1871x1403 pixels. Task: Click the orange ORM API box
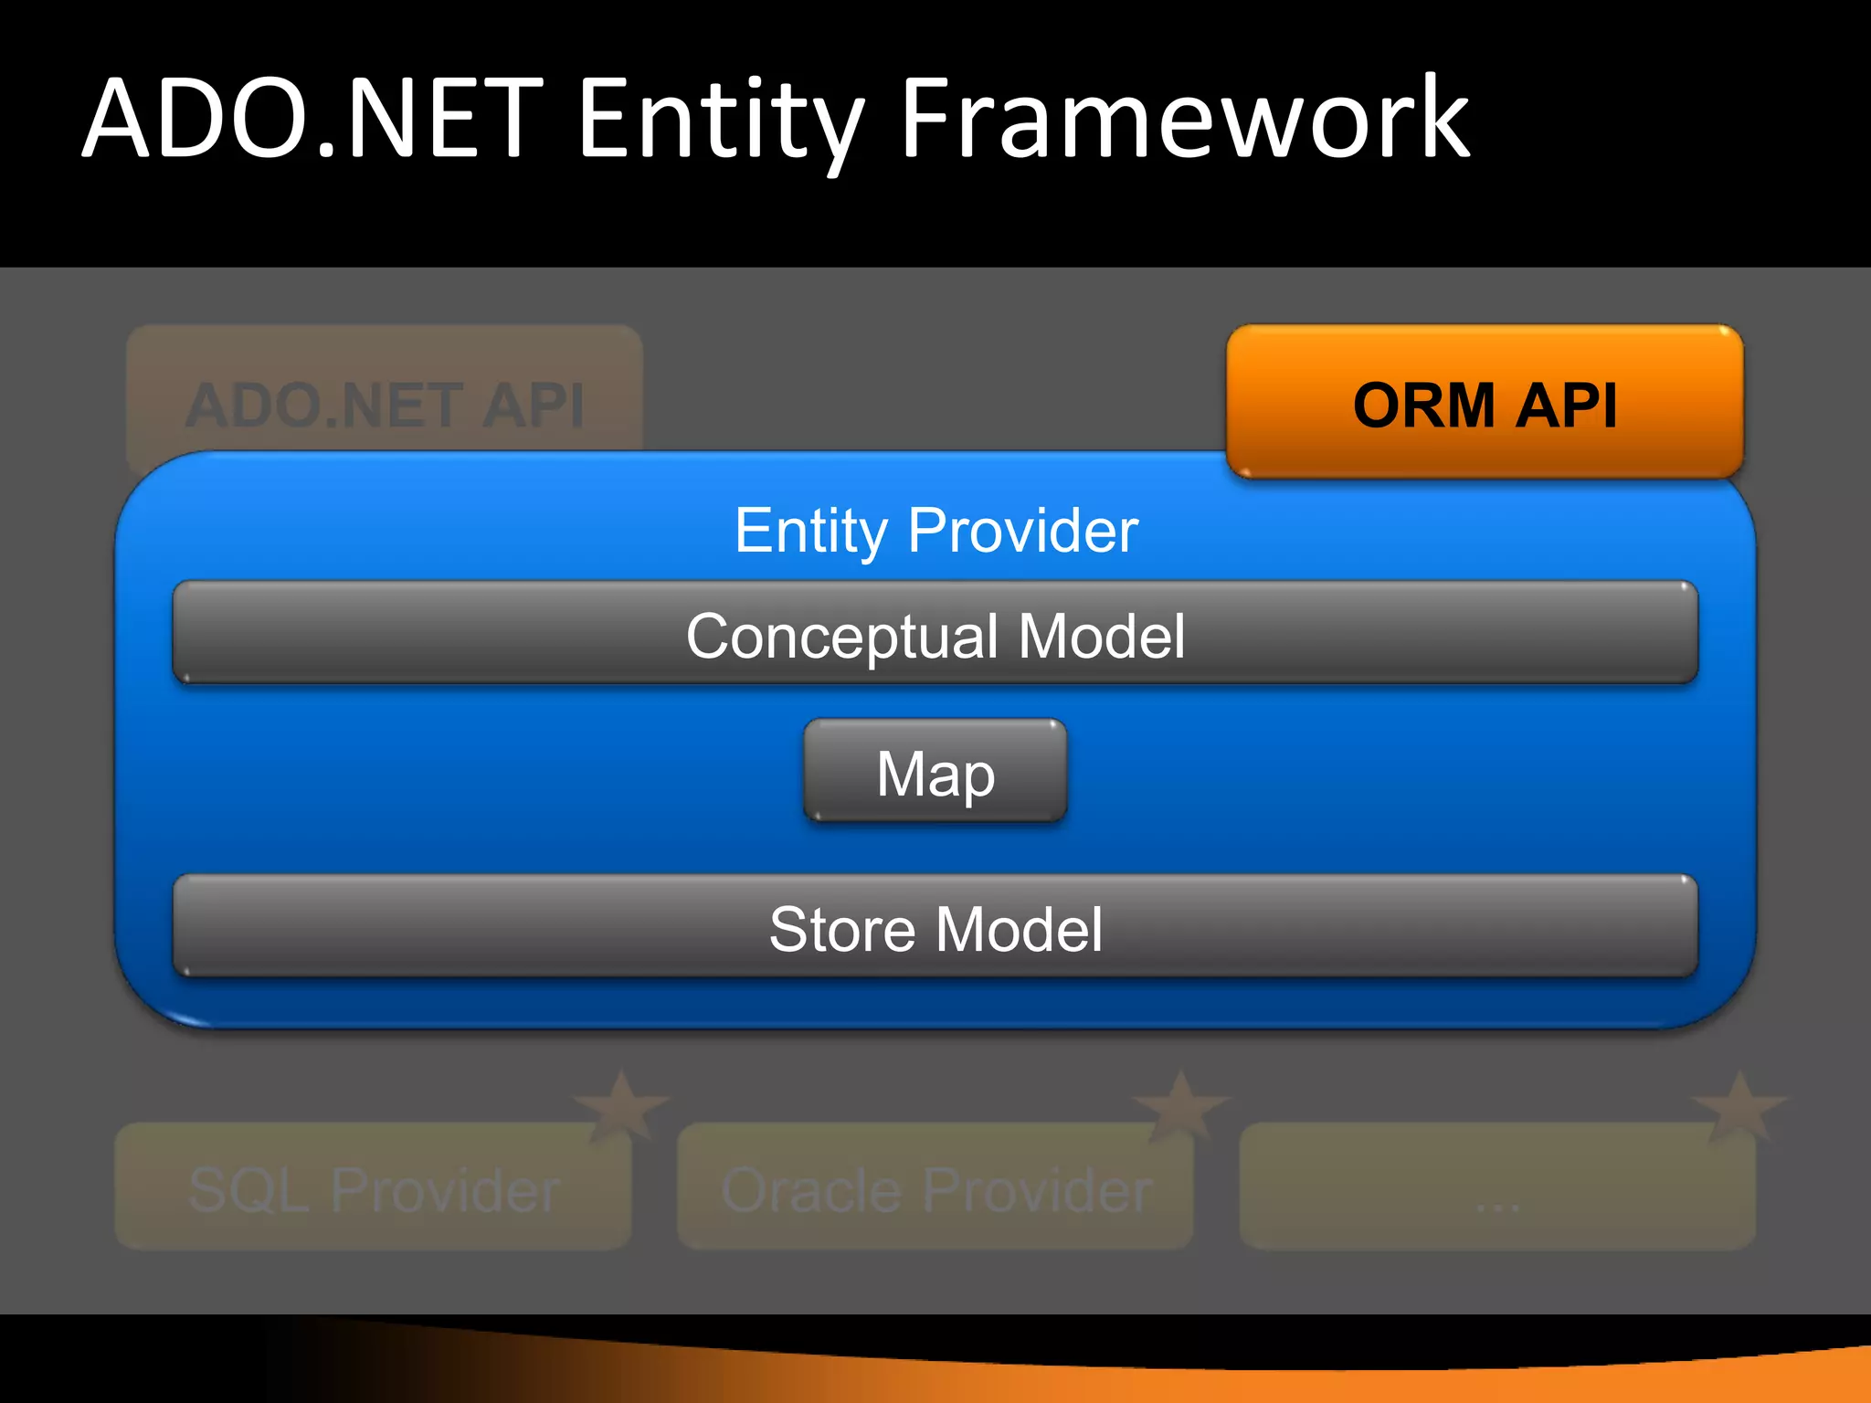pos(1485,402)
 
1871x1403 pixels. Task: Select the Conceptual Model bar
pos(935,633)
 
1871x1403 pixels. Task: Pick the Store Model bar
pos(935,927)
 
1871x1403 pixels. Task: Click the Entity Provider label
pos(935,530)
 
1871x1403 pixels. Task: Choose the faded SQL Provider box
pos(373,1187)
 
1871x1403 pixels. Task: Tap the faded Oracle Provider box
pos(935,1187)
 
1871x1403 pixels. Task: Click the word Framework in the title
pos(1185,119)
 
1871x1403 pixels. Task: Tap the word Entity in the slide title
pos(722,119)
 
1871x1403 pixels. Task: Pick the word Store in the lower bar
pos(841,930)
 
